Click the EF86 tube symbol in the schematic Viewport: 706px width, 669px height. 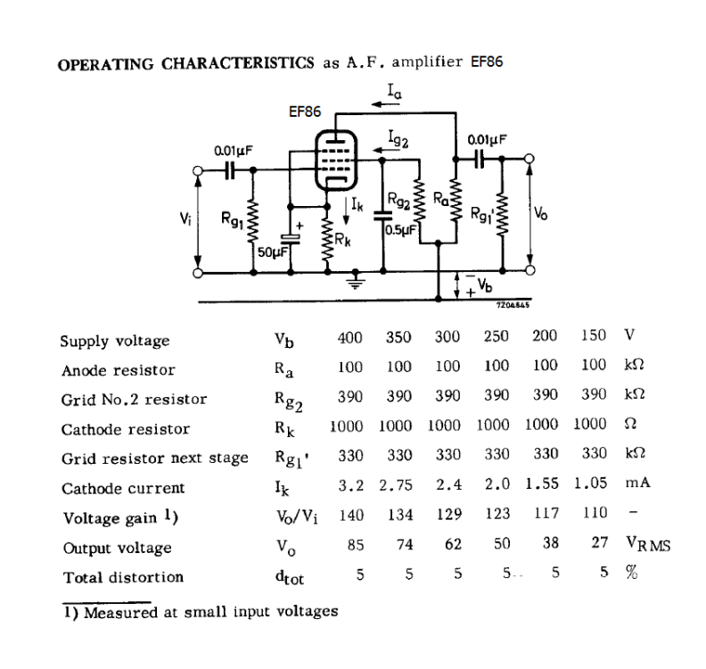(x=335, y=158)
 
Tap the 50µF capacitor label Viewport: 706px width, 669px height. (x=271, y=252)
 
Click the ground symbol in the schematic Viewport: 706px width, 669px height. (x=357, y=285)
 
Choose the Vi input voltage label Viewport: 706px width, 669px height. (x=185, y=217)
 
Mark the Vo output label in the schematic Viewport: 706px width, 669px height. (x=542, y=214)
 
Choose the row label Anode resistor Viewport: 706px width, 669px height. (x=118, y=370)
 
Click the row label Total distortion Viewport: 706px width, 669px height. (x=122, y=577)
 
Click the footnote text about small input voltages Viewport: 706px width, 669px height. (x=201, y=612)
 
